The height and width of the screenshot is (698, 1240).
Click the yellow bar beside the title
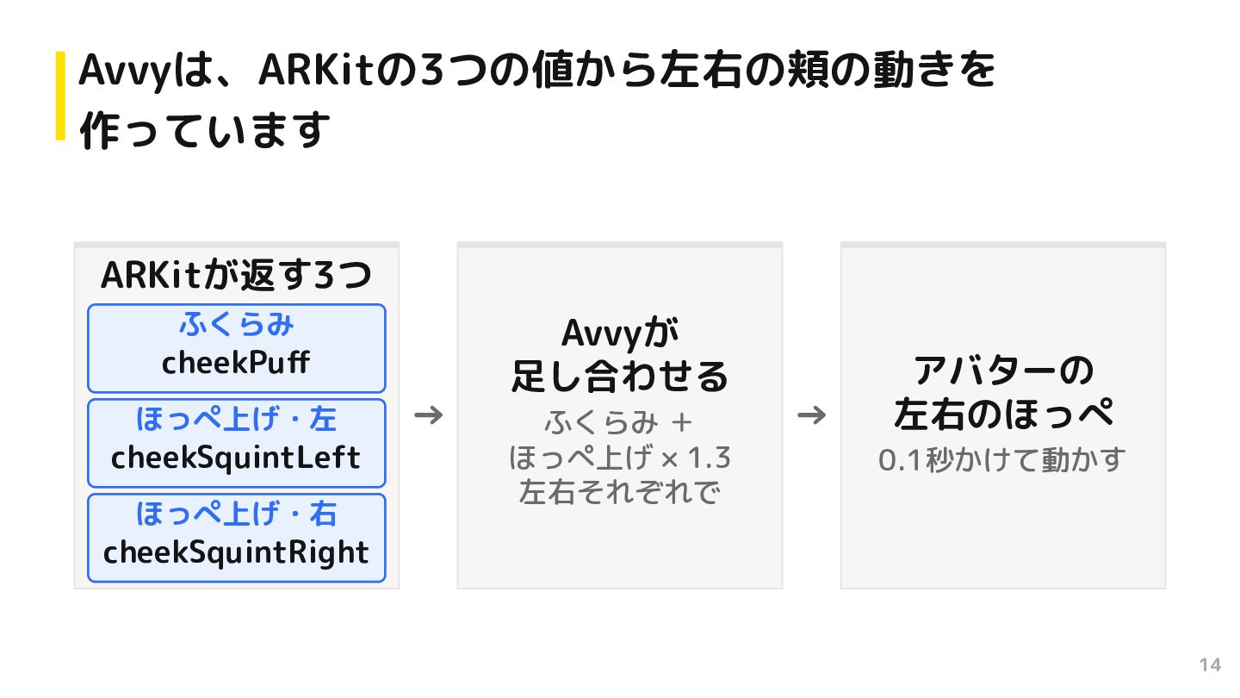tap(60, 96)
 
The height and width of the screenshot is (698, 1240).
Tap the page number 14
tap(1210, 664)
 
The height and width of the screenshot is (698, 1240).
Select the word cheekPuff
tap(236, 363)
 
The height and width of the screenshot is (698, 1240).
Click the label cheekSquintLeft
tap(236, 458)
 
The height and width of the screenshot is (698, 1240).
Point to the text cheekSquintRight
tap(236, 553)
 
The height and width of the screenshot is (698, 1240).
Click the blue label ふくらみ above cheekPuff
tap(236, 324)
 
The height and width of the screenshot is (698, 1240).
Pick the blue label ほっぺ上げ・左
tap(236, 419)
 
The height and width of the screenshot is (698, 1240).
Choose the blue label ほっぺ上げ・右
tap(236, 514)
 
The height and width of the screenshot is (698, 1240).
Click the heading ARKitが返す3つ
tap(236, 276)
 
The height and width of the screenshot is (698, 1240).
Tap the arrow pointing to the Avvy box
tap(429, 415)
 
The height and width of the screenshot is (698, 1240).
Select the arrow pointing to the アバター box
tap(811, 415)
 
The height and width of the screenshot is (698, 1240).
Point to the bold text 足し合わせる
tap(620, 377)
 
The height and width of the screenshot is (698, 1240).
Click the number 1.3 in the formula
tap(710, 458)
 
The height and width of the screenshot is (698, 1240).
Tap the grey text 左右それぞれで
tap(620, 493)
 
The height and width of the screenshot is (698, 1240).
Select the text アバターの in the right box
tap(1003, 371)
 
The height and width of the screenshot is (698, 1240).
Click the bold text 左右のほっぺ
tap(1003, 414)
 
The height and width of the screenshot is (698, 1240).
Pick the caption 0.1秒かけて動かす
tap(1002, 460)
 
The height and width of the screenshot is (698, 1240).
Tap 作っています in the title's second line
tap(205, 130)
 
